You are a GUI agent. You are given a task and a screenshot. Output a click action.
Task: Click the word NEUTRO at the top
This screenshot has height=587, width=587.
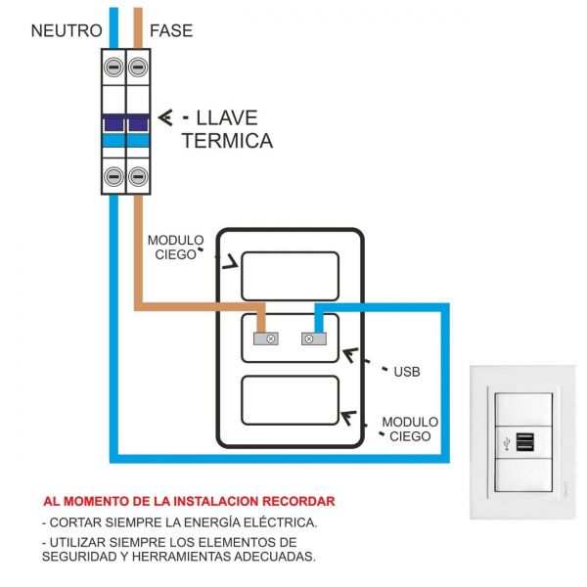pos(67,30)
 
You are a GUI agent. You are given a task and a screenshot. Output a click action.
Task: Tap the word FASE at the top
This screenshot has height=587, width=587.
pos(171,30)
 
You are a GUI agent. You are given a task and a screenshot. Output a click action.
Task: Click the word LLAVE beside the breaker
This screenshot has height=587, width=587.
pos(227,118)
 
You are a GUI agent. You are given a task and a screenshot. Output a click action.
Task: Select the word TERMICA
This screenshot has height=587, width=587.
pos(227,141)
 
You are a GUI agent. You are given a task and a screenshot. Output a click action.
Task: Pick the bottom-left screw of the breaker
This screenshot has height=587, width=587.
pos(113,176)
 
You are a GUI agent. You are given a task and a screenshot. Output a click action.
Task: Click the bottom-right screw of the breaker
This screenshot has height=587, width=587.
pos(138,176)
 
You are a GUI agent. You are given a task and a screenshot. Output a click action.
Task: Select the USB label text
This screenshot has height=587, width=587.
pos(406,372)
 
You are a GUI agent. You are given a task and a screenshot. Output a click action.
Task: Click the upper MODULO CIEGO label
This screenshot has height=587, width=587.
pos(175,248)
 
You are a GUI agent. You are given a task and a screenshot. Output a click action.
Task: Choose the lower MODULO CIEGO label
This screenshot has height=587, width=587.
pos(410,429)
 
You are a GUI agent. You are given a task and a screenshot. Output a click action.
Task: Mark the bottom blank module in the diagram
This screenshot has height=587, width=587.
pos(290,400)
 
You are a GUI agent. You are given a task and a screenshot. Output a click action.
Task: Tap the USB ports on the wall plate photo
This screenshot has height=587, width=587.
pos(525,443)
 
